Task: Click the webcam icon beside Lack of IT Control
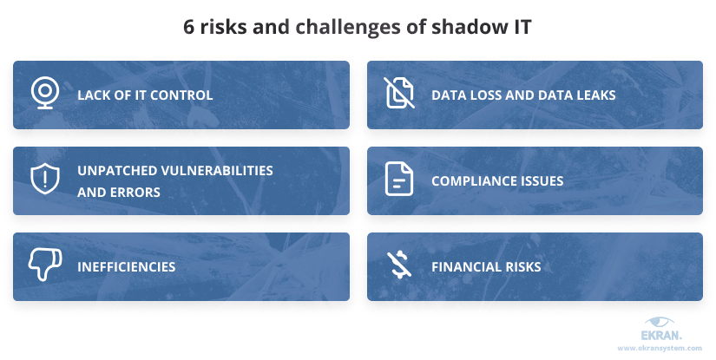click(x=43, y=94)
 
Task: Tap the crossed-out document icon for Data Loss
click(x=398, y=94)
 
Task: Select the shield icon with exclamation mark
click(x=43, y=180)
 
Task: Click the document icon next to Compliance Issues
click(x=398, y=180)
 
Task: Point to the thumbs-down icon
click(x=43, y=265)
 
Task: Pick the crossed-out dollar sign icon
click(x=398, y=265)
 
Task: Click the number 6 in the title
click(x=189, y=27)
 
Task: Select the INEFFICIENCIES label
click(x=126, y=267)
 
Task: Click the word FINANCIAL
click(x=465, y=267)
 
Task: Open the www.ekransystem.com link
click(x=660, y=348)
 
